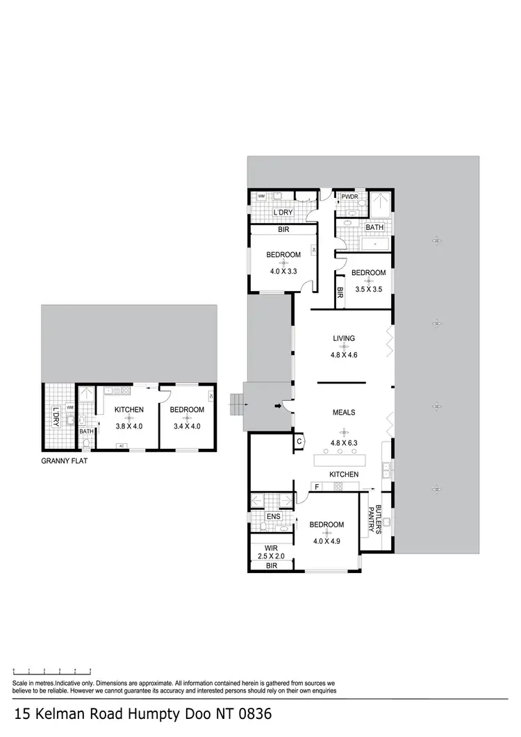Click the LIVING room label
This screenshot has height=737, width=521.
(x=344, y=339)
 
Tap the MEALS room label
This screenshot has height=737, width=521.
(x=344, y=413)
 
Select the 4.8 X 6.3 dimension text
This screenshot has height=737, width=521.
(x=344, y=442)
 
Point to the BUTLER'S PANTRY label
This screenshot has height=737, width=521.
(x=374, y=520)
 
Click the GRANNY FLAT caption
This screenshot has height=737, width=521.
(x=64, y=459)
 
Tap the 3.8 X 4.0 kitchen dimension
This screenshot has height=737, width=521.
(x=129, y=427)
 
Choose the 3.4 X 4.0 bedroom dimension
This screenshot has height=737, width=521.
(x=187, y=427)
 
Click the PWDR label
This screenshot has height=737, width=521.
(x=349, y=197)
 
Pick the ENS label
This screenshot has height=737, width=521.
(x=273, y=517)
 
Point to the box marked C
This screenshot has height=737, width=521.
(x=299, y=441)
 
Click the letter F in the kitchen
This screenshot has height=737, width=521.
(x=316, y=487)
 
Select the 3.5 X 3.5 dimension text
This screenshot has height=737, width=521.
(x=368, y=289)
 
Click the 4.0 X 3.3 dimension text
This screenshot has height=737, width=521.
(x=283, y=272)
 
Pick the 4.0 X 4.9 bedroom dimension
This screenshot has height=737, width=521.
(x=326, y=541)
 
